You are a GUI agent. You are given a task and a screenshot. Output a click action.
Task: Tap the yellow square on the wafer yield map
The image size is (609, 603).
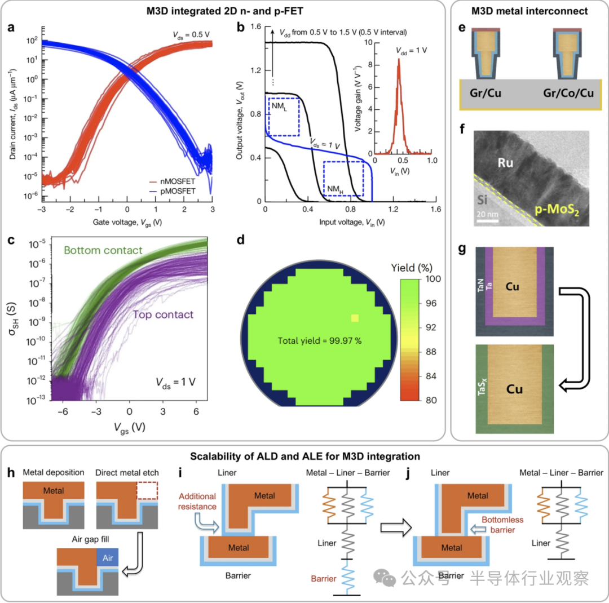[x=355, y=318]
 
